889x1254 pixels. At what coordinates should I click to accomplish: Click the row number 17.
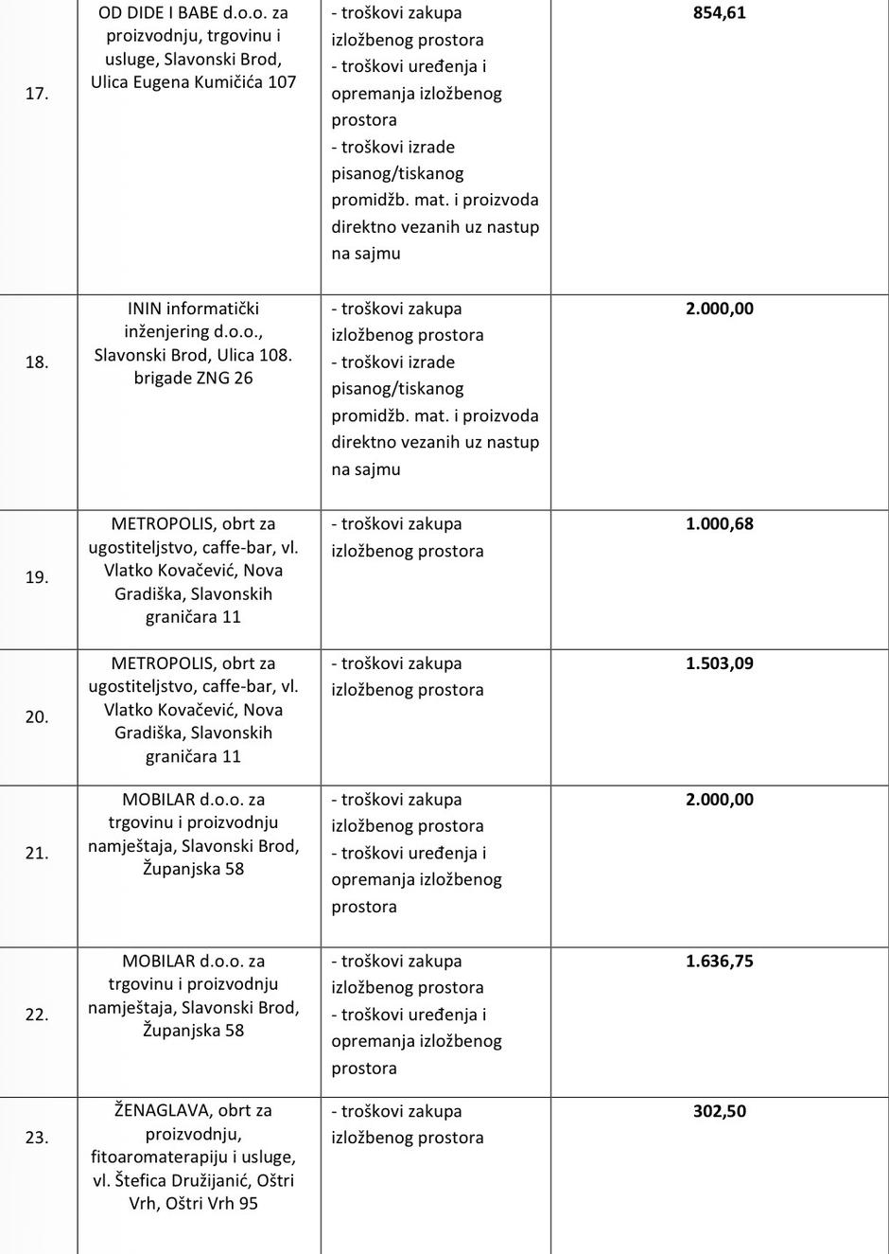(37, 94)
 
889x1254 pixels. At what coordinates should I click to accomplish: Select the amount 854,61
(719, 13)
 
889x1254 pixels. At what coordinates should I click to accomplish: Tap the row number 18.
(37, 362)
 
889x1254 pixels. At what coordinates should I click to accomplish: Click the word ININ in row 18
(145, 309)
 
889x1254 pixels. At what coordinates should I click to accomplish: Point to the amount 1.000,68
(719, 523)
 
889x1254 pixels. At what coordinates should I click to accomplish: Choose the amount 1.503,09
(719, 663)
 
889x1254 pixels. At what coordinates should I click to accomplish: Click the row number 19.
(37, 577)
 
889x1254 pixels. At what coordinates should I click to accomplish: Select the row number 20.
(37, 717)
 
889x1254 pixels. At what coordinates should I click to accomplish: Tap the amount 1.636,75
(719, 961)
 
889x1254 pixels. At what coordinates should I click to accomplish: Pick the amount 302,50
(719, 1111)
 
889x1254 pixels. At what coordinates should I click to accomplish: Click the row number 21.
(37, 853)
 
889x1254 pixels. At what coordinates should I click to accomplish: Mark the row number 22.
(37, 1015)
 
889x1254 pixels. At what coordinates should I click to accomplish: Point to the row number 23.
(37, 1138)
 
